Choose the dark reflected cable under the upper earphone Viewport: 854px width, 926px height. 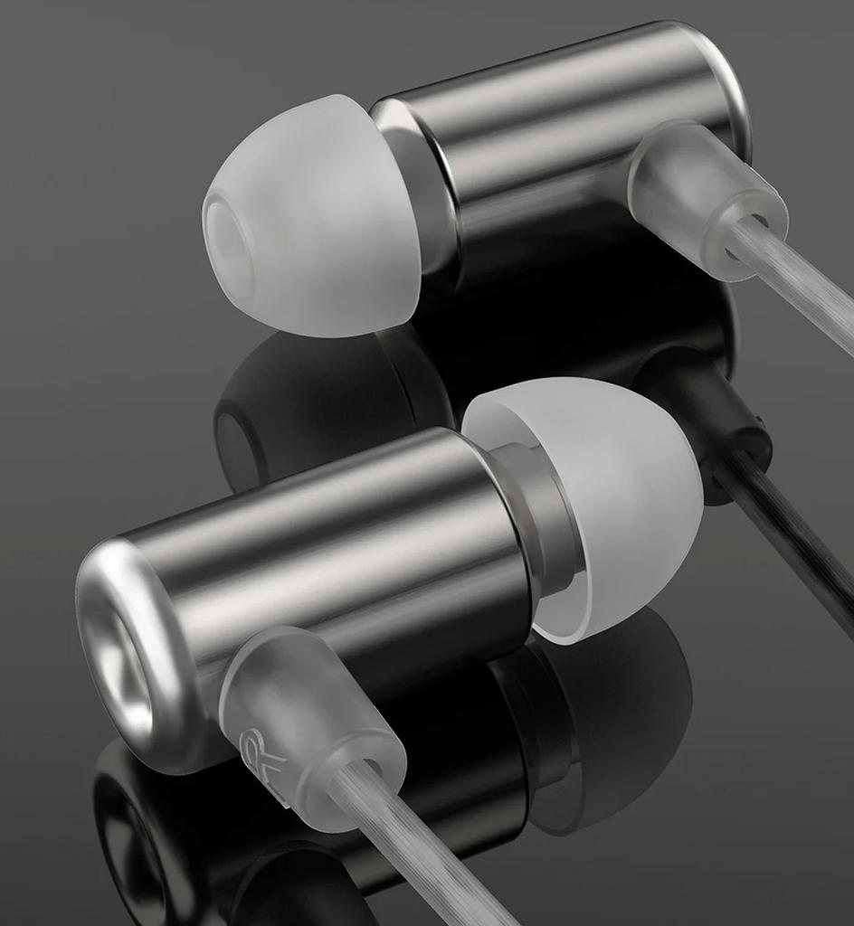796,534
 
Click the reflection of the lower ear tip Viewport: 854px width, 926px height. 624,687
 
